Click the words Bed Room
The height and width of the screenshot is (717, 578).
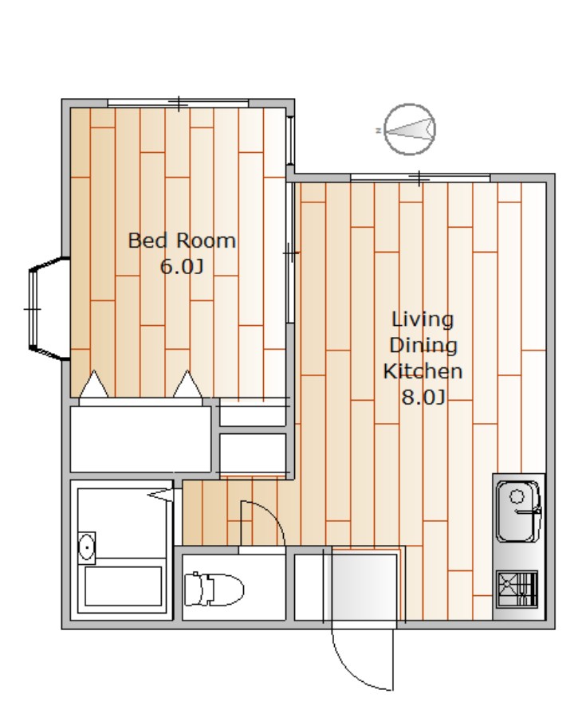(x=182, y=241)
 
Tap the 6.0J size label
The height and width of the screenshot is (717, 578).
(x=182, y=266)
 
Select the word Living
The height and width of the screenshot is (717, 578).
(x=423, y=320)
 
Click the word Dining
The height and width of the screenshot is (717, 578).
(x=423, y=346)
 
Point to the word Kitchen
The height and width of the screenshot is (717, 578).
(x=423, y=370)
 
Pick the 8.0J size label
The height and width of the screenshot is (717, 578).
(x=423, y=397)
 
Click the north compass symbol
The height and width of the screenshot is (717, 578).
(x=410, y=129)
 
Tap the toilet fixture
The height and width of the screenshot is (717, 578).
(x=214, y=589)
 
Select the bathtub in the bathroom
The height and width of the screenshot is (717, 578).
(x=123, y=586)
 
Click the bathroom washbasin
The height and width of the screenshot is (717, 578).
(x=86, y=547)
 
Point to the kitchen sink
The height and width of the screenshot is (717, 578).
(x=518, y=511)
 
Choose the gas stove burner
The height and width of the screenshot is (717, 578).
(x=517, y=589)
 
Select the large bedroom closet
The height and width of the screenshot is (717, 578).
(x=140, y=439)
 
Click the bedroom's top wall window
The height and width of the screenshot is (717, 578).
(x=178, y=103)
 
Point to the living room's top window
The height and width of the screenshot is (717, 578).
(x=420, y=178)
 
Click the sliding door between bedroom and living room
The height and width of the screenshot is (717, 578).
(x=289, y=253)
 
